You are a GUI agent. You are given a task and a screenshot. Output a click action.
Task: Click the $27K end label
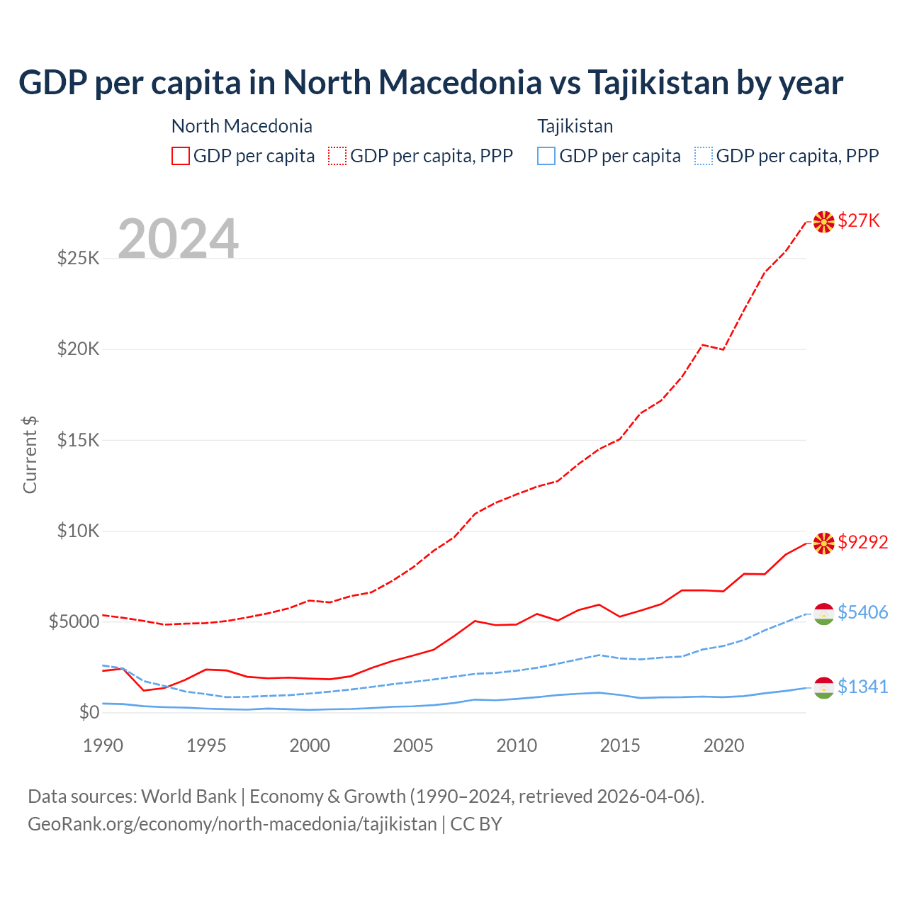pyautogui.click(x=859, y=220)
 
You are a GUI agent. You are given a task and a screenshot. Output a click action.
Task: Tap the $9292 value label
pyautogui.click(x=862, y=542)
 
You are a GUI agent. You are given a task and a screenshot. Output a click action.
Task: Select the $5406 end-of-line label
pyautogui.click(x=862, y=612)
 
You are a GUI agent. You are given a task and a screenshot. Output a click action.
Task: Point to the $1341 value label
pyautogui.click(x=862, y=687)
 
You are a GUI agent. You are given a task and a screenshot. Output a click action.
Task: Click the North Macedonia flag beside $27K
pyautogui.click(x=823, y=222)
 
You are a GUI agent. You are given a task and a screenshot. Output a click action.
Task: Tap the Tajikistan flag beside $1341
pyautogui.click(x=823, y=687)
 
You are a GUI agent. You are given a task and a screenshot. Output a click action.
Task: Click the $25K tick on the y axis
pyautogui.click(x=79, y=258)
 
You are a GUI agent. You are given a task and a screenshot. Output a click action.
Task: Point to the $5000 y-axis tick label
pyautogui.click(x=74, y=621)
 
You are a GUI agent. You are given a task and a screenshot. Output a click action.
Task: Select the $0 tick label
pyautogui.click(x=89, y=712)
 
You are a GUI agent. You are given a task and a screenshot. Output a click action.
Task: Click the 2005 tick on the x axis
pyautogui.click(x=413, y=745)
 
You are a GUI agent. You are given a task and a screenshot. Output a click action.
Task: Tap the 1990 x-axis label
pyautogui.click(x=103, y=745)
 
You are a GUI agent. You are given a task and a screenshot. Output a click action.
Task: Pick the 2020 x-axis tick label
pyautogui.click(x=723, y=745)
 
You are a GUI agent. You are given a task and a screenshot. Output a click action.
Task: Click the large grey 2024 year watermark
pyautogui.click(x=178, y=239)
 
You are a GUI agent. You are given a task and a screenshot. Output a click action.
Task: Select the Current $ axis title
pyautogui.click(x=30, y=455)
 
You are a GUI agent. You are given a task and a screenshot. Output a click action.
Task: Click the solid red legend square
pyautogui.click(x=181, y=156)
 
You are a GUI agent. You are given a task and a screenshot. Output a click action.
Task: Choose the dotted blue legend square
pyautogui.click(x=704, y=156)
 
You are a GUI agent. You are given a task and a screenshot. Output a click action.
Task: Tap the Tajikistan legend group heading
pyautogui.click(x=575, y=126)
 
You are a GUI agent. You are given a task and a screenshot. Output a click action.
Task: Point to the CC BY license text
pyautogui.click(x=476, y=824)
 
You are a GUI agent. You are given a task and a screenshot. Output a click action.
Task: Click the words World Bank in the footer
pyautogui.click(x=188, y=796)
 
